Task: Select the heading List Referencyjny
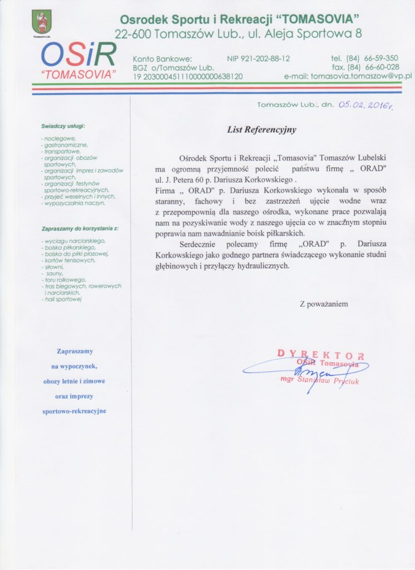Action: [x=261, y=130]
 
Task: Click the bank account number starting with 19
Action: [x=187, y=76]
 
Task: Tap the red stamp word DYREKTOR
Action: [x=320, y=355]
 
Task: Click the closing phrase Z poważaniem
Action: [x=324, y=304]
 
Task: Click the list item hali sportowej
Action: [x=62, y=299]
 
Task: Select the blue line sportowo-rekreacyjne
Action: [x=74, y=411]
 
